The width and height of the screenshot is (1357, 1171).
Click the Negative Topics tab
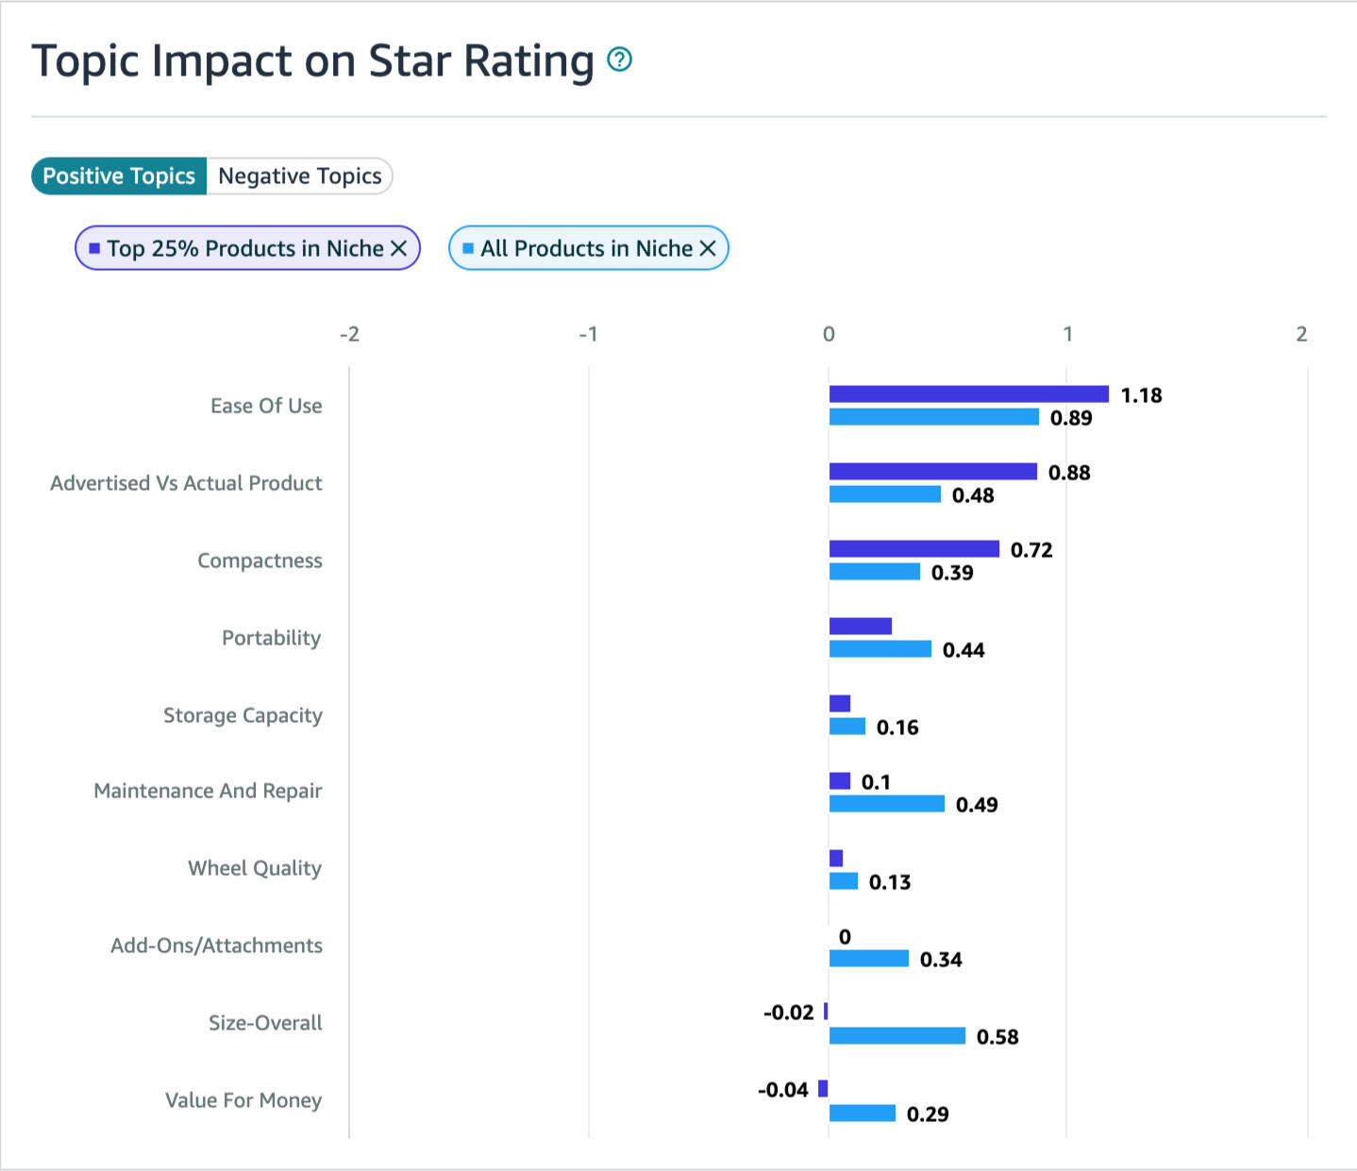point(299,176)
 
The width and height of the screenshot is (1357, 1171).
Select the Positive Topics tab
point(119,176)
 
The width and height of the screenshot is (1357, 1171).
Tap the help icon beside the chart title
point(619,59)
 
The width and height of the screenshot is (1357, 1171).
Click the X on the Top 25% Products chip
point(399,248)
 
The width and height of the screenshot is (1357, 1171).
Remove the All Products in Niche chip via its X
point(708,248)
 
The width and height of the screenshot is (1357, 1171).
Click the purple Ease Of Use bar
point(968,394)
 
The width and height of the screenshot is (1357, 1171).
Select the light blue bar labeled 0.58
point(896,1036)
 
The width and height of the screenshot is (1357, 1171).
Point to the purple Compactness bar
point(913,549)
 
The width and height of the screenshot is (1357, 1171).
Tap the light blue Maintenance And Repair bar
point(886,804)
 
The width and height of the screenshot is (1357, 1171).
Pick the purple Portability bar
point(860,627)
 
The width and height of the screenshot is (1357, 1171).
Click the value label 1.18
point(1141,395)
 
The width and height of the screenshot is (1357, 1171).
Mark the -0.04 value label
point(783,1090)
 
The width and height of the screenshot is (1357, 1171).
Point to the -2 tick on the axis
point(349,334)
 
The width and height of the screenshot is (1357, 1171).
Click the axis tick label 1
point(1067,334)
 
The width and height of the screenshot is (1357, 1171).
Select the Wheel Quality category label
point(255,868)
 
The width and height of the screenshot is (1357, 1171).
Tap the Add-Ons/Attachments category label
point(216,945)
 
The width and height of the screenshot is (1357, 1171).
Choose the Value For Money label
point(243,1100)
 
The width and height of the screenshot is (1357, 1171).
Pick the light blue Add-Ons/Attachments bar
point(868,959)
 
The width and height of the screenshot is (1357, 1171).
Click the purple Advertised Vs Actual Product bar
point(932,472)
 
